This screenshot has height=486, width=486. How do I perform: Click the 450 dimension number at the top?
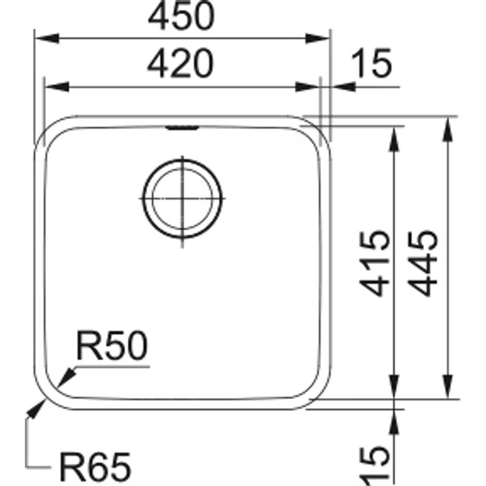(182, 18)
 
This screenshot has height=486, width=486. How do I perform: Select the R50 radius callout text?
(111, 348)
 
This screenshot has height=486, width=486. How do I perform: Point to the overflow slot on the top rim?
(182, 127)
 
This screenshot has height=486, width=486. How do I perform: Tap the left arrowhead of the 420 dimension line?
(55, 86)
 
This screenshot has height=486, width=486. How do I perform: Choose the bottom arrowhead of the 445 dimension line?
(448, 389)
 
